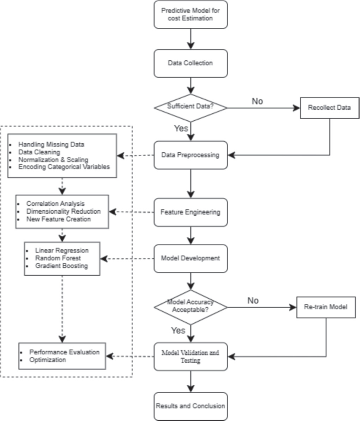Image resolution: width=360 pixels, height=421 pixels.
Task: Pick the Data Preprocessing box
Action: click(x=191, y=155)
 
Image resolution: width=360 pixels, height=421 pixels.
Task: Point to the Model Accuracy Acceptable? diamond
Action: click(x=191, y=307)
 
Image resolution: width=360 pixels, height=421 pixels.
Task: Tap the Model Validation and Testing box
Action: click(x=191, y=357)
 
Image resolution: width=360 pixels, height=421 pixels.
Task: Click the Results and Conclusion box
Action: click(x=191, y=406)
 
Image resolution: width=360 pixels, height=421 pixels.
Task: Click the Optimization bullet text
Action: click(x=48, y=360)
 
